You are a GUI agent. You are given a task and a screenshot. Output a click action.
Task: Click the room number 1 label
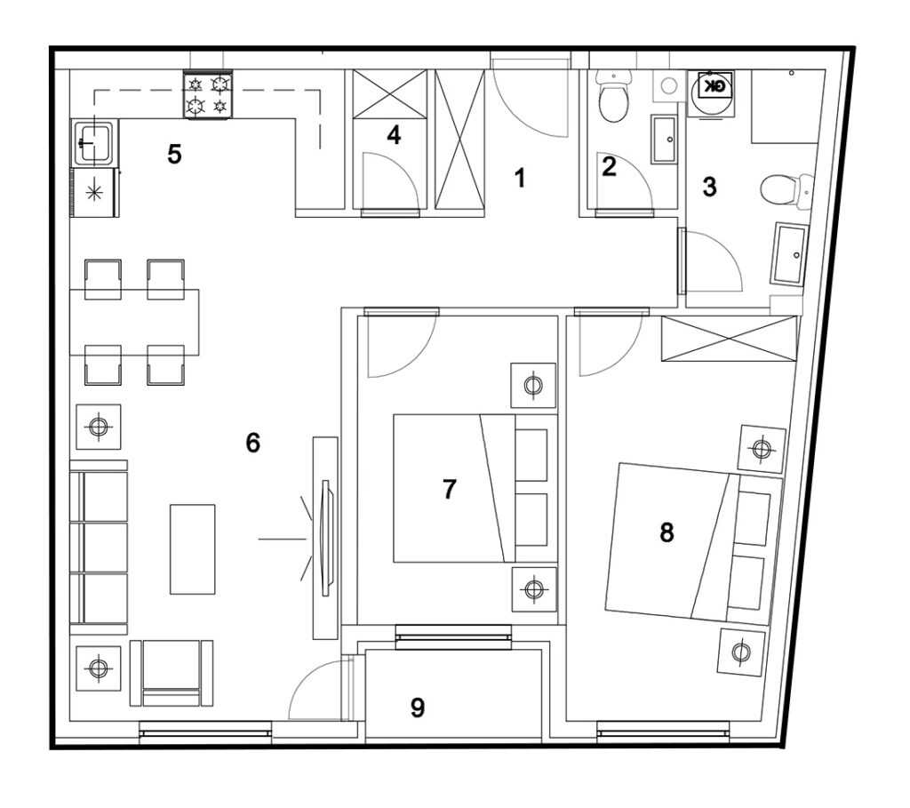click(520, 178)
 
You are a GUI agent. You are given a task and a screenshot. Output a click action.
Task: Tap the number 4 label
click(394, 135)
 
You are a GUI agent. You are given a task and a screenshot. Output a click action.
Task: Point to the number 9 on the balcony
click(418, 708)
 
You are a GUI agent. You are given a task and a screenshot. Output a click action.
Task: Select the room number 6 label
click(253, 443)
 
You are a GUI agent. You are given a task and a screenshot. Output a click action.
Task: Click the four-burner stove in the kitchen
click(208, 94)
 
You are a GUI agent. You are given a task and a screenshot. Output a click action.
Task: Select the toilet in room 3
click(786, 190)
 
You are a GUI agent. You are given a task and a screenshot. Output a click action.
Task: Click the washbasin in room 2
click(664, 140)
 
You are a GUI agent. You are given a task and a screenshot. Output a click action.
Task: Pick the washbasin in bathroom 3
click(790, 255)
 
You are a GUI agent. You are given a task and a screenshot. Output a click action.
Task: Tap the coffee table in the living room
click(192, 549)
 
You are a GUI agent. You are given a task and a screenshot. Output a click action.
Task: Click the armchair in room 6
click(172, 674)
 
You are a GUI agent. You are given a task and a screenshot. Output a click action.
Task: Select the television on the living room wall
click(326, 538)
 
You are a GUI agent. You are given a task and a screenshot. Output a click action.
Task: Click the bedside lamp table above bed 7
click(533, 385)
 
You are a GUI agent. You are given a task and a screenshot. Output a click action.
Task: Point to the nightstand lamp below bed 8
click(740, 652)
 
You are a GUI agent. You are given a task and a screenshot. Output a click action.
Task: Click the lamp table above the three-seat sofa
click(99, 428)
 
